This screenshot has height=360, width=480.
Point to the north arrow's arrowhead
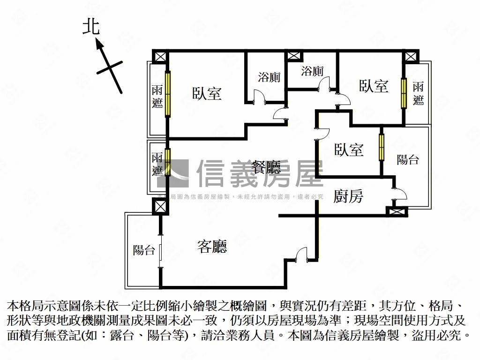click(99, 43)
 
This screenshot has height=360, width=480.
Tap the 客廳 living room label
click(212, 247)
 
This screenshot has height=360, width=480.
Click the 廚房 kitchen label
click(348, 196)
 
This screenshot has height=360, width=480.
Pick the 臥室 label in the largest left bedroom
click(207, 93)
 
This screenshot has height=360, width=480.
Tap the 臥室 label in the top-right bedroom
click(374, 86)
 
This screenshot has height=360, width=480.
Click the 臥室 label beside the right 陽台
click(349, 150)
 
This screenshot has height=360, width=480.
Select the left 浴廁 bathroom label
click(269, 77)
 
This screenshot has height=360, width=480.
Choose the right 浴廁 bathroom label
click(312, 71)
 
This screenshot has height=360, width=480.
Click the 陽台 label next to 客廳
click(144, 250)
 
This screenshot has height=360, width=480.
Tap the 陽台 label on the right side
click(407, 159)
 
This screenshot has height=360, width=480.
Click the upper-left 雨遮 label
click(157, 96)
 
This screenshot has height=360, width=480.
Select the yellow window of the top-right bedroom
click(403, 93)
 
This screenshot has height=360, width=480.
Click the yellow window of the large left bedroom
click(167, 94)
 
